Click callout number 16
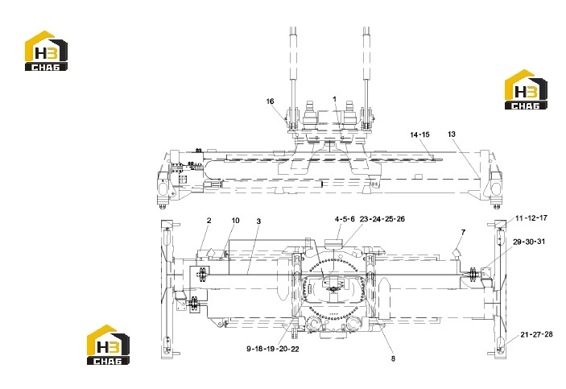[270, 101]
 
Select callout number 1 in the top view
[335, 98]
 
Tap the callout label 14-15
[419, 134]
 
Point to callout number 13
[452, 134]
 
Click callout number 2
[209, 221]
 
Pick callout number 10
[235, 221]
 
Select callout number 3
[258, 221]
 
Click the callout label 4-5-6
[345, 219]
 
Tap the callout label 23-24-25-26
[382, 219]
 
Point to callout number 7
[463, 232]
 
